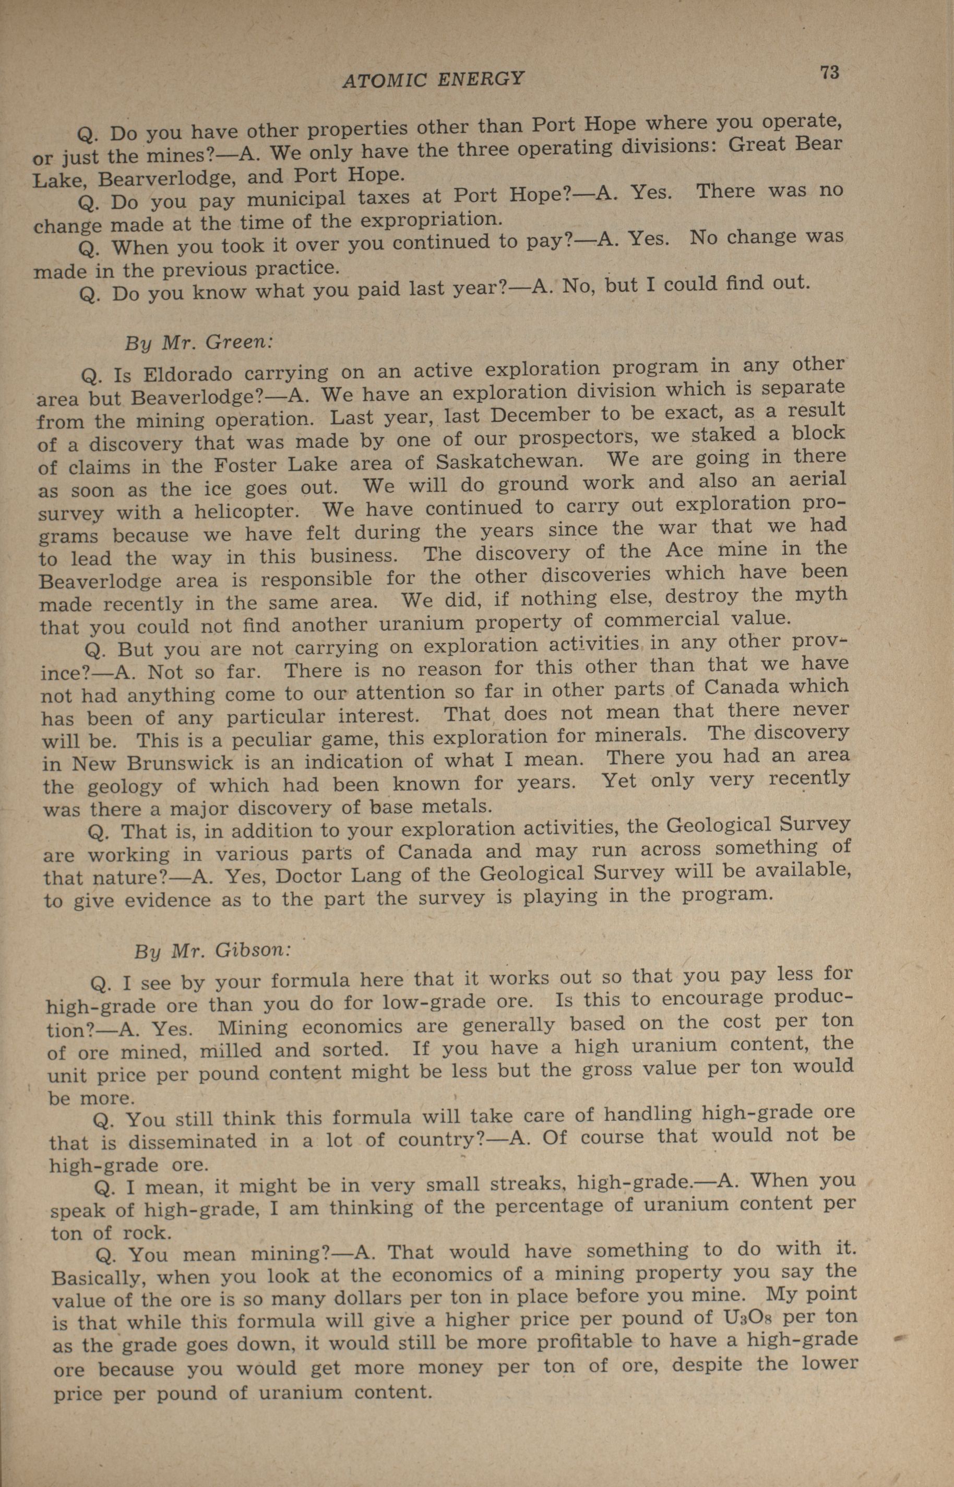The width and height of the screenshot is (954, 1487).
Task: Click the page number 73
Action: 829,73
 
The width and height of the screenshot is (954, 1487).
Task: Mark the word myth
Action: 820,595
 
